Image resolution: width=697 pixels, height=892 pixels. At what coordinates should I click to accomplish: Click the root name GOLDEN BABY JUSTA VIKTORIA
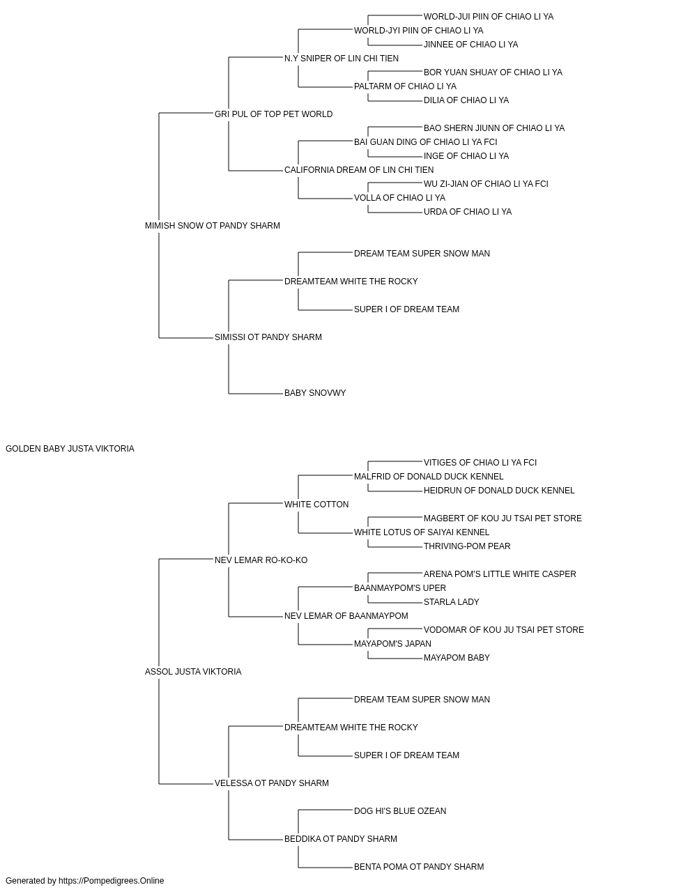70,449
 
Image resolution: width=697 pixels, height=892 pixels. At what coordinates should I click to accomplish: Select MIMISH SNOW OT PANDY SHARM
212,226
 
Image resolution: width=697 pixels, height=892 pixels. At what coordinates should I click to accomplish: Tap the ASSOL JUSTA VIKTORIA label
193,672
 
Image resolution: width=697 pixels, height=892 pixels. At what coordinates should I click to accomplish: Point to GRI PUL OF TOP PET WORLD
273,114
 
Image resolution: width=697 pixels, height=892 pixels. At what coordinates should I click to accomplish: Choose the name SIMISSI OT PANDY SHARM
268,337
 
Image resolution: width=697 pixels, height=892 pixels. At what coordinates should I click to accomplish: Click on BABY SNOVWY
315,393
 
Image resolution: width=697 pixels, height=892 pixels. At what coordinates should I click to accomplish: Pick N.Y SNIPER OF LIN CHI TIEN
341,59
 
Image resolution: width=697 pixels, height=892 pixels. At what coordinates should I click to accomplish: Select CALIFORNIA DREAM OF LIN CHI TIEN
359,170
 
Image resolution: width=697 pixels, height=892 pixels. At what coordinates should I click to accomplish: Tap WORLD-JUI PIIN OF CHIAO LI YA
489,17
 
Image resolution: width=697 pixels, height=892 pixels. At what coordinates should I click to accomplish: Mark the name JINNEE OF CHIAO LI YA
471,45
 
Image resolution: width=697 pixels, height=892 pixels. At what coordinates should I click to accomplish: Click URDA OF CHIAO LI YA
468,212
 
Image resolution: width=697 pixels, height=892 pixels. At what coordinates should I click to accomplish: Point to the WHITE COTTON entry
316,505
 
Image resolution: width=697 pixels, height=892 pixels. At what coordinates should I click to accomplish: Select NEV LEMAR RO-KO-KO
261,560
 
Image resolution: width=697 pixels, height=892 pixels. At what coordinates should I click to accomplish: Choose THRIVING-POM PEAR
467,546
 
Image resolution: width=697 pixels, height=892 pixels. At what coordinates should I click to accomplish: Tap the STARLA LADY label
452,602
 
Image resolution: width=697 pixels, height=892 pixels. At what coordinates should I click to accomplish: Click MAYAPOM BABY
457,658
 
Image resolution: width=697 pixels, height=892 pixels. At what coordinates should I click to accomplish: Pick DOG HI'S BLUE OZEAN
400,811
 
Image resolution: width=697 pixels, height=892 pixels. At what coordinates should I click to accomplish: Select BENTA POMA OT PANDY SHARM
419,866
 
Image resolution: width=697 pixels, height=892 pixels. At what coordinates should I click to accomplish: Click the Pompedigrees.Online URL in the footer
112,881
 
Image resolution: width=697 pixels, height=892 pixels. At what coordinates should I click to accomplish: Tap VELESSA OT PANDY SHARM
272,783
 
